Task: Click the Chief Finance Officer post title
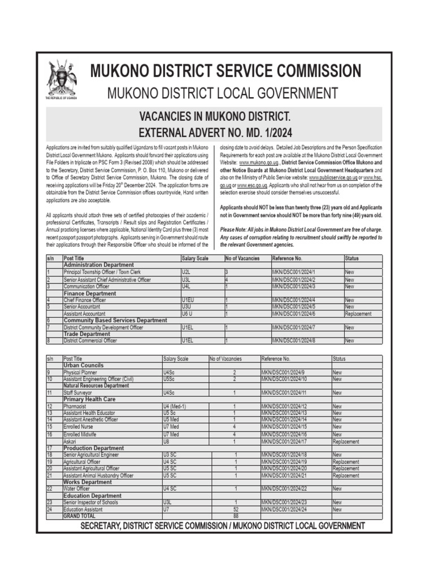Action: click(x=84, y=300)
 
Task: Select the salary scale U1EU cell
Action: click(x=188, y=300)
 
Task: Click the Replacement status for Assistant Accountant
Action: click(x=358, y=314)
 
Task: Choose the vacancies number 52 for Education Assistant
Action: click(x=235, y=509)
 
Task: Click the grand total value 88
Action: click(x=235, y=516)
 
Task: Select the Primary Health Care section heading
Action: click(x=89, y=399)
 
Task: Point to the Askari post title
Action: click(x=71, y=442)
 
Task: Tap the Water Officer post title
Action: click(x=76, y=489)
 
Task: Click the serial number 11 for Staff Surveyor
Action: click(x=50, y=392)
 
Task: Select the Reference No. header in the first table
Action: click(x=287, y=258)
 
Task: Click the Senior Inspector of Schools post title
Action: click(x=91, y=502)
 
